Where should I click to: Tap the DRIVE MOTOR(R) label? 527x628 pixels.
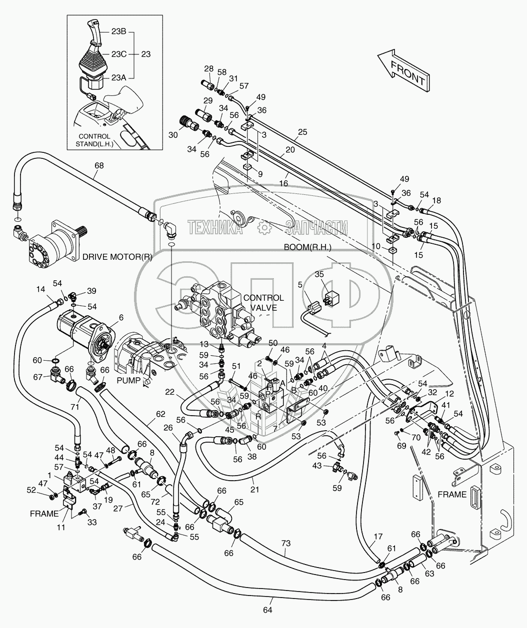[117, 257]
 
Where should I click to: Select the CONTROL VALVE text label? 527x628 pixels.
[263, 303]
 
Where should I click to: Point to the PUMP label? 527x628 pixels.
[128, 381]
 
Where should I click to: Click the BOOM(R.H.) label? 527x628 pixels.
[307, 247]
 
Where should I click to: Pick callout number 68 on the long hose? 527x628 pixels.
[99, 165]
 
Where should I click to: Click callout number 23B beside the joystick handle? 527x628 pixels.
[118, 31]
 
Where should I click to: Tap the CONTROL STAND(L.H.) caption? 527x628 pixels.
[94, 140]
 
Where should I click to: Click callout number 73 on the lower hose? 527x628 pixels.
[286, 543]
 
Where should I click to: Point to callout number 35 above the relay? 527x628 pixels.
[319, 274]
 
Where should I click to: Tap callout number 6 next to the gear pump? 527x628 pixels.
[121, 318]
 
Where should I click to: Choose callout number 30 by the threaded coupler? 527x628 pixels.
[173, 135]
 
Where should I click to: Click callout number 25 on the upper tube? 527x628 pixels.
[302, 132]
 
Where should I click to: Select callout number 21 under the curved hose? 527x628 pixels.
[254, 490]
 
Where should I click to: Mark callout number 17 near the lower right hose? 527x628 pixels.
[378, 536]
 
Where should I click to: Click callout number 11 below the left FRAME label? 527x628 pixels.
[61, 527]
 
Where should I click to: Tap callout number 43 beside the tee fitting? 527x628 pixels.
[317, 465]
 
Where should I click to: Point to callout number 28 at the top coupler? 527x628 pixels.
[208, 68]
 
